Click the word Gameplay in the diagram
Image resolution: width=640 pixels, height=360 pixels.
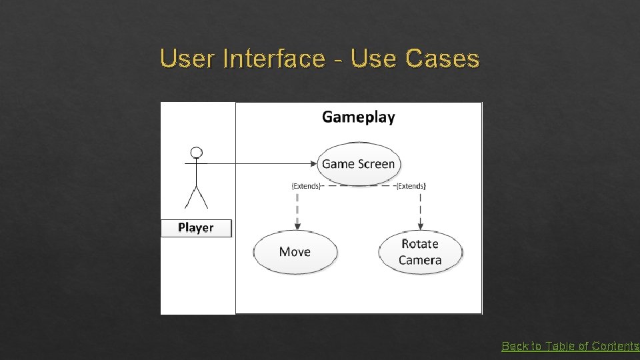click(358, 117)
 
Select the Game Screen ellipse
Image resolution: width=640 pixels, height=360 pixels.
click(359, 163)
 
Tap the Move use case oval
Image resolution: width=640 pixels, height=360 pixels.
click(295, 251)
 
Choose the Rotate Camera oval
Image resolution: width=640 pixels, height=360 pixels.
click(420, 252)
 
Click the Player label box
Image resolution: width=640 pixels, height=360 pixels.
click(196, 228)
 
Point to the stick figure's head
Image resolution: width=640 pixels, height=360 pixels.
click(196, 153)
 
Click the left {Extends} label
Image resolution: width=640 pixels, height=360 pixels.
click(306, 186)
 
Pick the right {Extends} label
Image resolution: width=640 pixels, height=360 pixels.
click(411, 186)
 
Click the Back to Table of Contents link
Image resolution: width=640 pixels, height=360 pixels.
click(570, 346)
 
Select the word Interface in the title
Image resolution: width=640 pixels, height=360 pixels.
click(274, 59)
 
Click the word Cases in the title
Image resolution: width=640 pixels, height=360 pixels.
click(442, 59)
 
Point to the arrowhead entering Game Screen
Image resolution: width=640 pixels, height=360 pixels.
click(313, 163)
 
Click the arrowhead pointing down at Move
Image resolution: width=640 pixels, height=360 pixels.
click(297, 225)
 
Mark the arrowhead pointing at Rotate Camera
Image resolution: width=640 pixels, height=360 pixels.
click(420, 225)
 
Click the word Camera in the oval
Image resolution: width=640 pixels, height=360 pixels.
click(420, 260)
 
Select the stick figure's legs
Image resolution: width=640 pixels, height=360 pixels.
click(196, 197)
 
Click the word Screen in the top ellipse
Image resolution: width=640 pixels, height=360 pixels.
click(377, 163)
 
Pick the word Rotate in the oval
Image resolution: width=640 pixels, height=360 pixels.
click(420, 244)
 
